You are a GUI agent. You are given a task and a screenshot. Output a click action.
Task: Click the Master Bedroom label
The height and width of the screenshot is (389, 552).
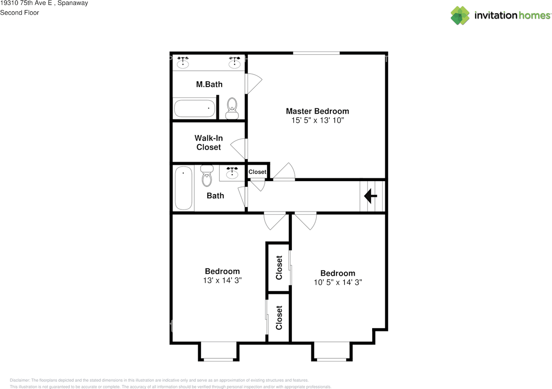(x=317, y=111)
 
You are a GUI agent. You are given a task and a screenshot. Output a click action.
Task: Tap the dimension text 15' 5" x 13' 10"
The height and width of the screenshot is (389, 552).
(x=317, y=120)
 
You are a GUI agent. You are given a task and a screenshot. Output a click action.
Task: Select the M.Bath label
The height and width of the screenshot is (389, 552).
(x=209, y=84)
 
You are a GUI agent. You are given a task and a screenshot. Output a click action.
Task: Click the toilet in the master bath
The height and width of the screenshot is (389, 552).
(x=232, y=109)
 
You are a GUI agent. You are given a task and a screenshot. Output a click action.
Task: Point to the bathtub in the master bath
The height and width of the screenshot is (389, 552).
(x=194, y=108)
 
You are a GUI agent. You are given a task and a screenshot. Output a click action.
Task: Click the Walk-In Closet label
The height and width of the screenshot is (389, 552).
(x=208, y=142)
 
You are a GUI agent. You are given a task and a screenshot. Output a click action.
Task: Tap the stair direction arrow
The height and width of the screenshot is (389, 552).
(x=370, y=196)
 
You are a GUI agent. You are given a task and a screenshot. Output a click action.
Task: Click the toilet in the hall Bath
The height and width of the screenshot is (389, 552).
(x=207, y=176)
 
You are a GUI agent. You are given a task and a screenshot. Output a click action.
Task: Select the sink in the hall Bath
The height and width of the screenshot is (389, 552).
(x=232, y=173)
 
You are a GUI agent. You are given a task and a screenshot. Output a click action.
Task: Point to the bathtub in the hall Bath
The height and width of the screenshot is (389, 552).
(x=184, y=188)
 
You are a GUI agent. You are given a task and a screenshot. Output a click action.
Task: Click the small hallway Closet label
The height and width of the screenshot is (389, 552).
(x=257, y=172)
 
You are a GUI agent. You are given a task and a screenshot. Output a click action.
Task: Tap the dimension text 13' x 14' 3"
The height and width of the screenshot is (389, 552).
(x=222, y=280)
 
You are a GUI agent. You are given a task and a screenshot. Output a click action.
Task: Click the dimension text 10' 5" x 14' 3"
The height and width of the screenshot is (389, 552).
(x=338, y=282)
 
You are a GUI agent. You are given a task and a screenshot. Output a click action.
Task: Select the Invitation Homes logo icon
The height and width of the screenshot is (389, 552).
(x=460, y=16)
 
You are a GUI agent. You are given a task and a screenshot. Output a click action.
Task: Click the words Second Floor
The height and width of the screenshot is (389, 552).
(x=19, y=13)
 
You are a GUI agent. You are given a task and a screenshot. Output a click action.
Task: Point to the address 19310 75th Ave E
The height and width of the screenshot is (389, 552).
(x=26, y=3)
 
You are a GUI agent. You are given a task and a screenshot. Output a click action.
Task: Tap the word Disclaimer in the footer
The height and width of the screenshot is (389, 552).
(x=20, y=380)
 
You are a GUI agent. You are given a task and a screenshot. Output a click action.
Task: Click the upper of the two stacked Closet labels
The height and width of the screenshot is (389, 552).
(x=279, y=268)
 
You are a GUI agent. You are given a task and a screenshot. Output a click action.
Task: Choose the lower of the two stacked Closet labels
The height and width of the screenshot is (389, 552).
(x=279, y=318)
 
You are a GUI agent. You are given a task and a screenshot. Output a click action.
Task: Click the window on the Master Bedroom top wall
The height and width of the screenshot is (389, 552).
(x=316, y=53)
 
